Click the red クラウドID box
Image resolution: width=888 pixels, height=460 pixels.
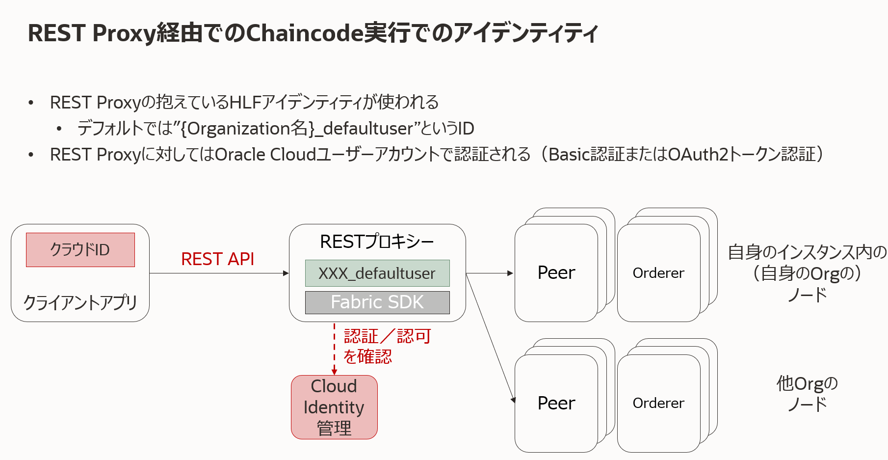coord(80,250)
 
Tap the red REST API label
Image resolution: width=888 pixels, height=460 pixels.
coord(217,259)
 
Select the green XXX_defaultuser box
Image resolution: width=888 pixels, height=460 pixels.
coord(377,273)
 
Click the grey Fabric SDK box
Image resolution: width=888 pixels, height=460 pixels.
coord(377,302)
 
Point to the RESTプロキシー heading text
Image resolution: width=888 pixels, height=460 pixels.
coord(377,242)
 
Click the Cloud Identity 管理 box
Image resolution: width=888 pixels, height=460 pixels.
coord(334,407)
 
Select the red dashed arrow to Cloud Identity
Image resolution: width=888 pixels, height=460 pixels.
coord(335,349)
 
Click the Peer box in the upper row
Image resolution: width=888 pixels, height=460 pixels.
coord(556,273)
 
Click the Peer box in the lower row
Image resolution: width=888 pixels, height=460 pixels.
coord(556,403)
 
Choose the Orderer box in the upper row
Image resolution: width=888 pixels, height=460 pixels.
coord(658,273)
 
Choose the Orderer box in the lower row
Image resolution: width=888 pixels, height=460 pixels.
coord(658,403)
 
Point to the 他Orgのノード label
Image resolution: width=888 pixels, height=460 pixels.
coord(807,393)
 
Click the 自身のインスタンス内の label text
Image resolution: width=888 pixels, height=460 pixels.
coord(807,252)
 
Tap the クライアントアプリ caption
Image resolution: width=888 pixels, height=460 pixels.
coord(80,302)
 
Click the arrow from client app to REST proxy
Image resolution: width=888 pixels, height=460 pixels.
coord(218,273)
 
